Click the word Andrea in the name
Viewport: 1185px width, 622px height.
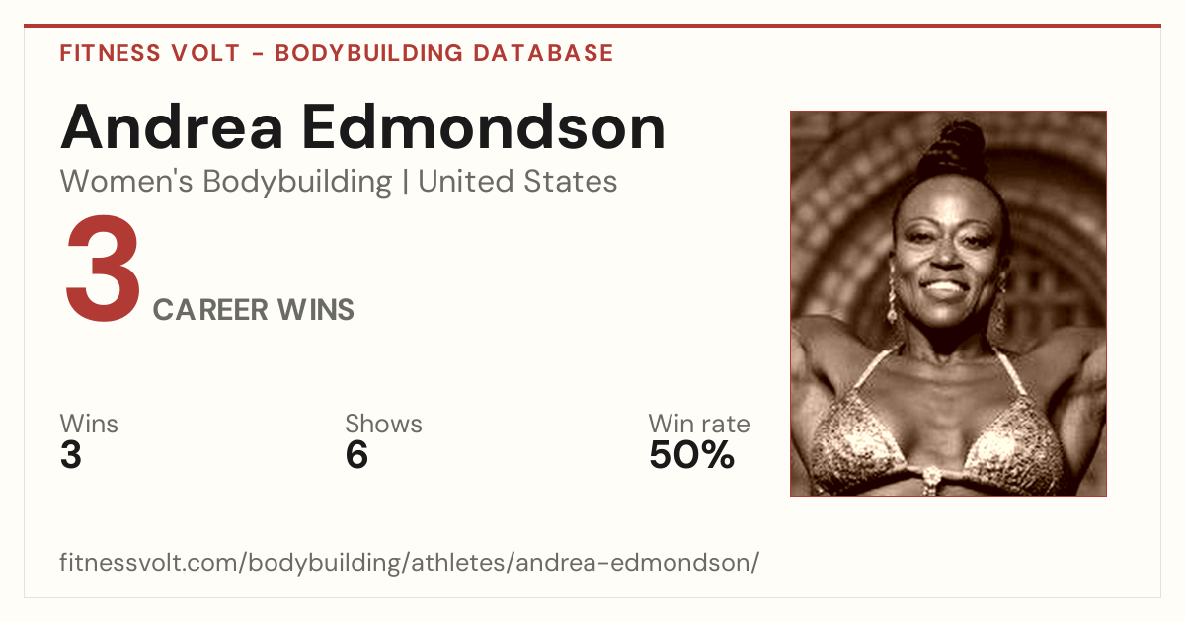click(172, 127)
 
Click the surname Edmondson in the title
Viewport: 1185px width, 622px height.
click(484, 127)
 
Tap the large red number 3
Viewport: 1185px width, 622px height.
click(103, 269)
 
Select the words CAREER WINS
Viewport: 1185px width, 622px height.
click(254, 309)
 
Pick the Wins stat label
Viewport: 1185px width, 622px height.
click(89, 424)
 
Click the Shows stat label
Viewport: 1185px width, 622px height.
click(383, 424)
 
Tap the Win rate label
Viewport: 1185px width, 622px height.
click(699, 424)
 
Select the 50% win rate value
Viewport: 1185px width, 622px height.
click(692, 455)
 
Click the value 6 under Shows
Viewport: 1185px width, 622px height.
click(356, 455)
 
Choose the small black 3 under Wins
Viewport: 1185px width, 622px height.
click(71, 455)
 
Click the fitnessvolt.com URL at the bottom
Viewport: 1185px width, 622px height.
click(409, 562)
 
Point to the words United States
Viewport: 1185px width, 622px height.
click(517, 182)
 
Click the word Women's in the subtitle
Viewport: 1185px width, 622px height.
click(126, 182)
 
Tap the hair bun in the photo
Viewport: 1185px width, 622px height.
click(952, 147)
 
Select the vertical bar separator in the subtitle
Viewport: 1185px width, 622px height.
click(405, 182)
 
